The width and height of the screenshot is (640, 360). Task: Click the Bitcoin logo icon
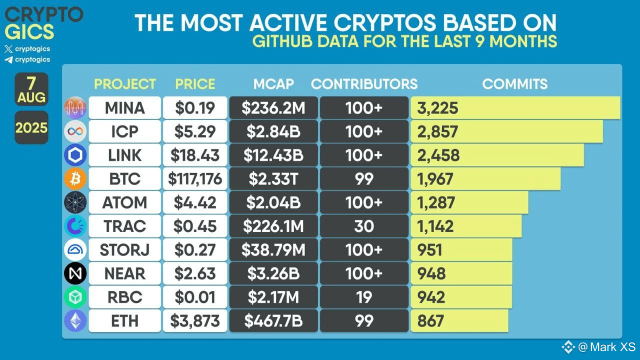click(x=75, y=179)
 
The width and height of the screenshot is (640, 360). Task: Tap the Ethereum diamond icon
click(x=75, y=321)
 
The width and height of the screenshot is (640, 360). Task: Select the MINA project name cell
click(x=125, y=108)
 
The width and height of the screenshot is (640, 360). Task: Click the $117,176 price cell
click(x=195, y=179)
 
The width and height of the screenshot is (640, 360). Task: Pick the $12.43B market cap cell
click(x=273, y=155)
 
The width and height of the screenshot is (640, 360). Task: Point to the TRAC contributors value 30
click(x=363, y=226)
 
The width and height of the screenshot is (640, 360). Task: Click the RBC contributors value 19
click(x=363, y=297)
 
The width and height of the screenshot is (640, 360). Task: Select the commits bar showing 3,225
click(x=515, y=108)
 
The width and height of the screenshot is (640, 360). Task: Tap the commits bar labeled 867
click(x=459, y=321)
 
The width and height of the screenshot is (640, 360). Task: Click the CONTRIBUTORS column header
click(x=364, y=84)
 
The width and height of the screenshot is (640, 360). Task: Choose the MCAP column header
click(x=273, y=84)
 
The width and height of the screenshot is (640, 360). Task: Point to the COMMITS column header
click(x=514, y=84)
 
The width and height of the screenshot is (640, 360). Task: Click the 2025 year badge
click(x=31, y=127)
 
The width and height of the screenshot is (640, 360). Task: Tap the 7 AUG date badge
click(x=31, y=89)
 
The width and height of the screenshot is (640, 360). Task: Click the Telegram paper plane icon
click(x=8, y=60)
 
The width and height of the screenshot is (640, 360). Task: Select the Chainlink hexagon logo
click(x=75, y=155)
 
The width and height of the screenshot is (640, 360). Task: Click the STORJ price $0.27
click(x=195, y=250)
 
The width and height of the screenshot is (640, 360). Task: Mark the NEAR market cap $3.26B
click(x=273, y=274)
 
